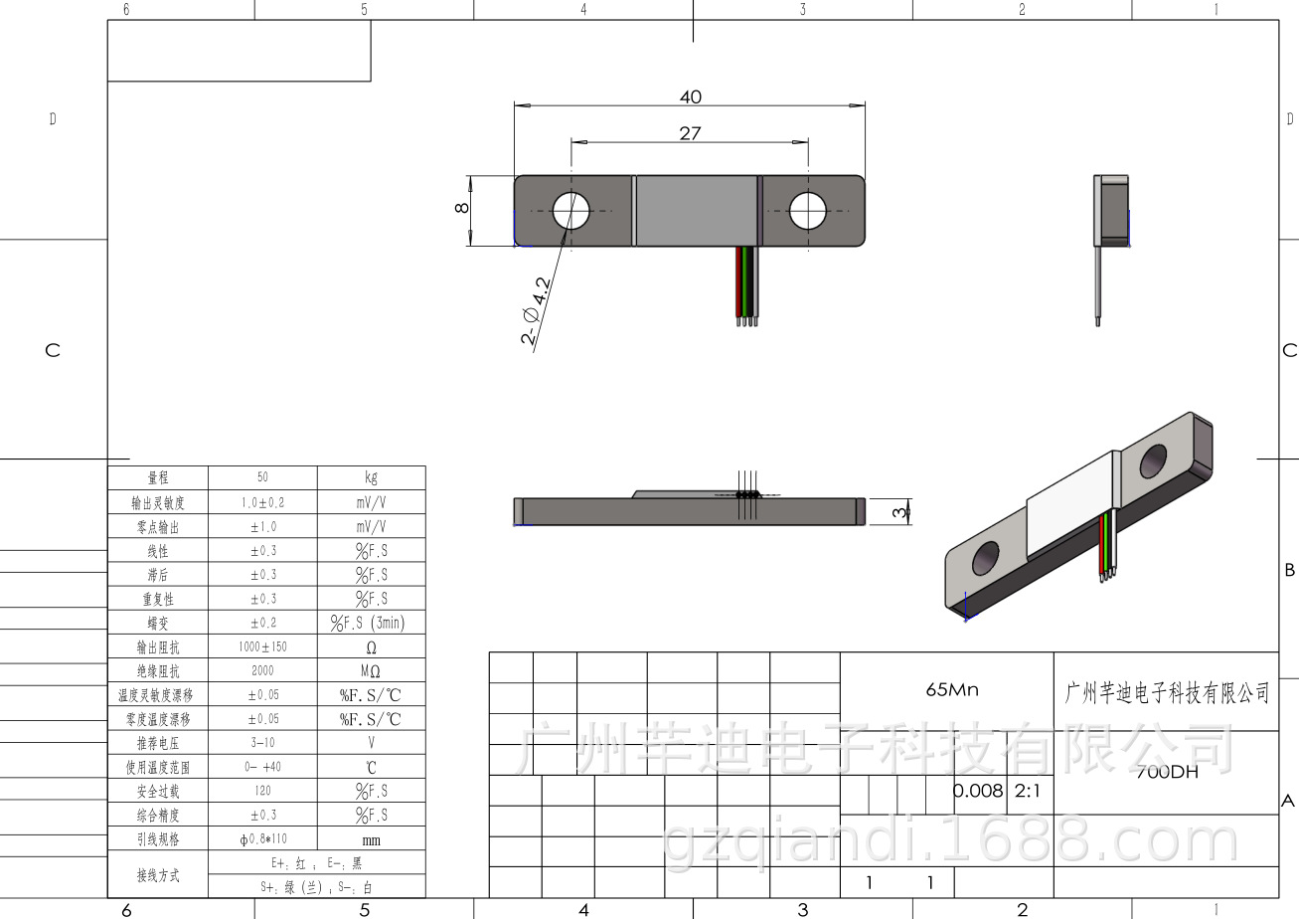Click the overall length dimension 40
(690, 96)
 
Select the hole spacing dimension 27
(690, 133)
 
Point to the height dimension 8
(459, 208)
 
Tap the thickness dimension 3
(898, 512)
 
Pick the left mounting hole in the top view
(571, 210)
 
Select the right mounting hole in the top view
(808, 210)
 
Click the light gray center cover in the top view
(696, 210)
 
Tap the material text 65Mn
(951, 689)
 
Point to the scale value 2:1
(1027, 792)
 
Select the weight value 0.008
(978, 792)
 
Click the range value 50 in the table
(262, 477)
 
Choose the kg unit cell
(371, 477)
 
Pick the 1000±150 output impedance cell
(262, 646)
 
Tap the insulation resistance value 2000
(262, 670)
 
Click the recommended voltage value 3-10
(262, 743)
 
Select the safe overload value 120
(262, 791)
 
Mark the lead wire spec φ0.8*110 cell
(262, 839)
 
